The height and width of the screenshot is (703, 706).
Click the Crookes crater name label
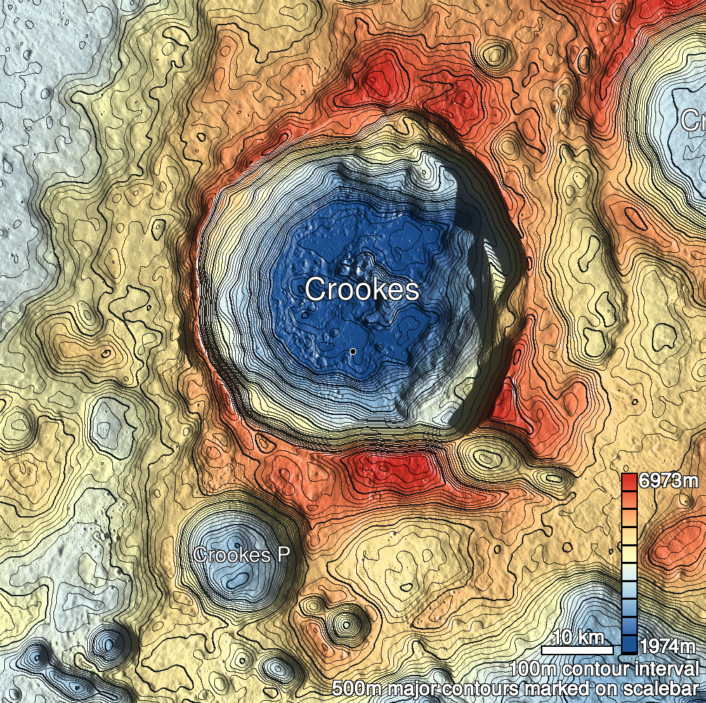pos(362,289)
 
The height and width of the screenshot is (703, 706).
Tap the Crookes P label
pos(242,555)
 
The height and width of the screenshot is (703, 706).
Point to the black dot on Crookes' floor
pos(353,350)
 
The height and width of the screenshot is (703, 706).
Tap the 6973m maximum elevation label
pos(669,482)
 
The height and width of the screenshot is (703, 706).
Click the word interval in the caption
pos(668,668)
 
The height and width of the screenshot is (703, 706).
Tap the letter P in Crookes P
pos(283,555)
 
